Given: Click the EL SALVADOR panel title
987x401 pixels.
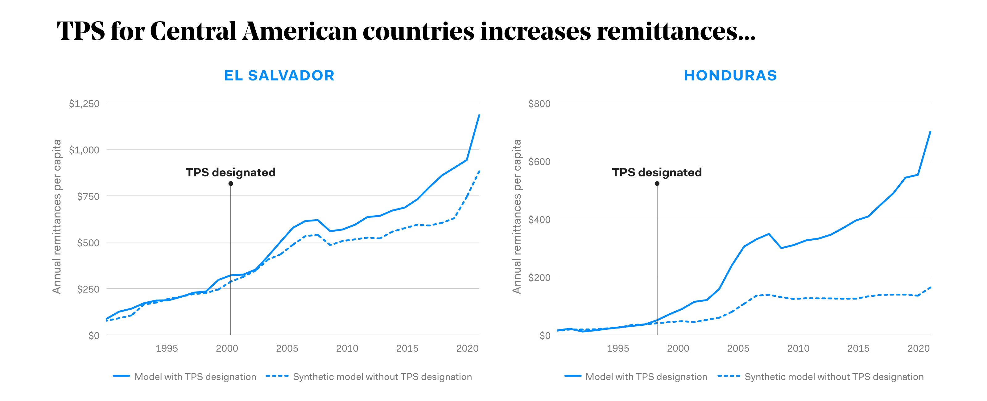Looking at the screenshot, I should [x=279, y=76].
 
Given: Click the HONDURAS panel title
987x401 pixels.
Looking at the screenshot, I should [x=730, y=76].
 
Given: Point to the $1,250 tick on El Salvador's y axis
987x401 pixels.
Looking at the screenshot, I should [x=84, y=104].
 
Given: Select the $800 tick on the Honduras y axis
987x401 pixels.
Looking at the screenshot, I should [x=539, y=104].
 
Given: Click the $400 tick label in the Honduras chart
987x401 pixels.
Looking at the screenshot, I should [x=539, y=220].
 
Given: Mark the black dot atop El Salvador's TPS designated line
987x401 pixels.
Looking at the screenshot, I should [x=231, y=184].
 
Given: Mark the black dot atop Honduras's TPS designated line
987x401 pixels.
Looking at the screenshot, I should [x=657, y=184].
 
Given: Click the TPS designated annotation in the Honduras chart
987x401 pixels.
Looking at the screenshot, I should [x=657, y=172].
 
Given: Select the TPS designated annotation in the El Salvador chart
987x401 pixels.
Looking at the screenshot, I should [x=231, y=172].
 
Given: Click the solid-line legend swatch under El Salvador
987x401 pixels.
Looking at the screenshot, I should [x=121, y=376].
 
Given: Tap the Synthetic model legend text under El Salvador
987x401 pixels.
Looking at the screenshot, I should [x=382, y=377].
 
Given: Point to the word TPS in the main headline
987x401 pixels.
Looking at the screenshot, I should [x=81, y=31].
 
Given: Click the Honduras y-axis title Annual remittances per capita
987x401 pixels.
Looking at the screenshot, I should [x=517, y=217].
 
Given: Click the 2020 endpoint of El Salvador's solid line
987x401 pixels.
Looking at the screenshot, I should [x=479, y=115].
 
